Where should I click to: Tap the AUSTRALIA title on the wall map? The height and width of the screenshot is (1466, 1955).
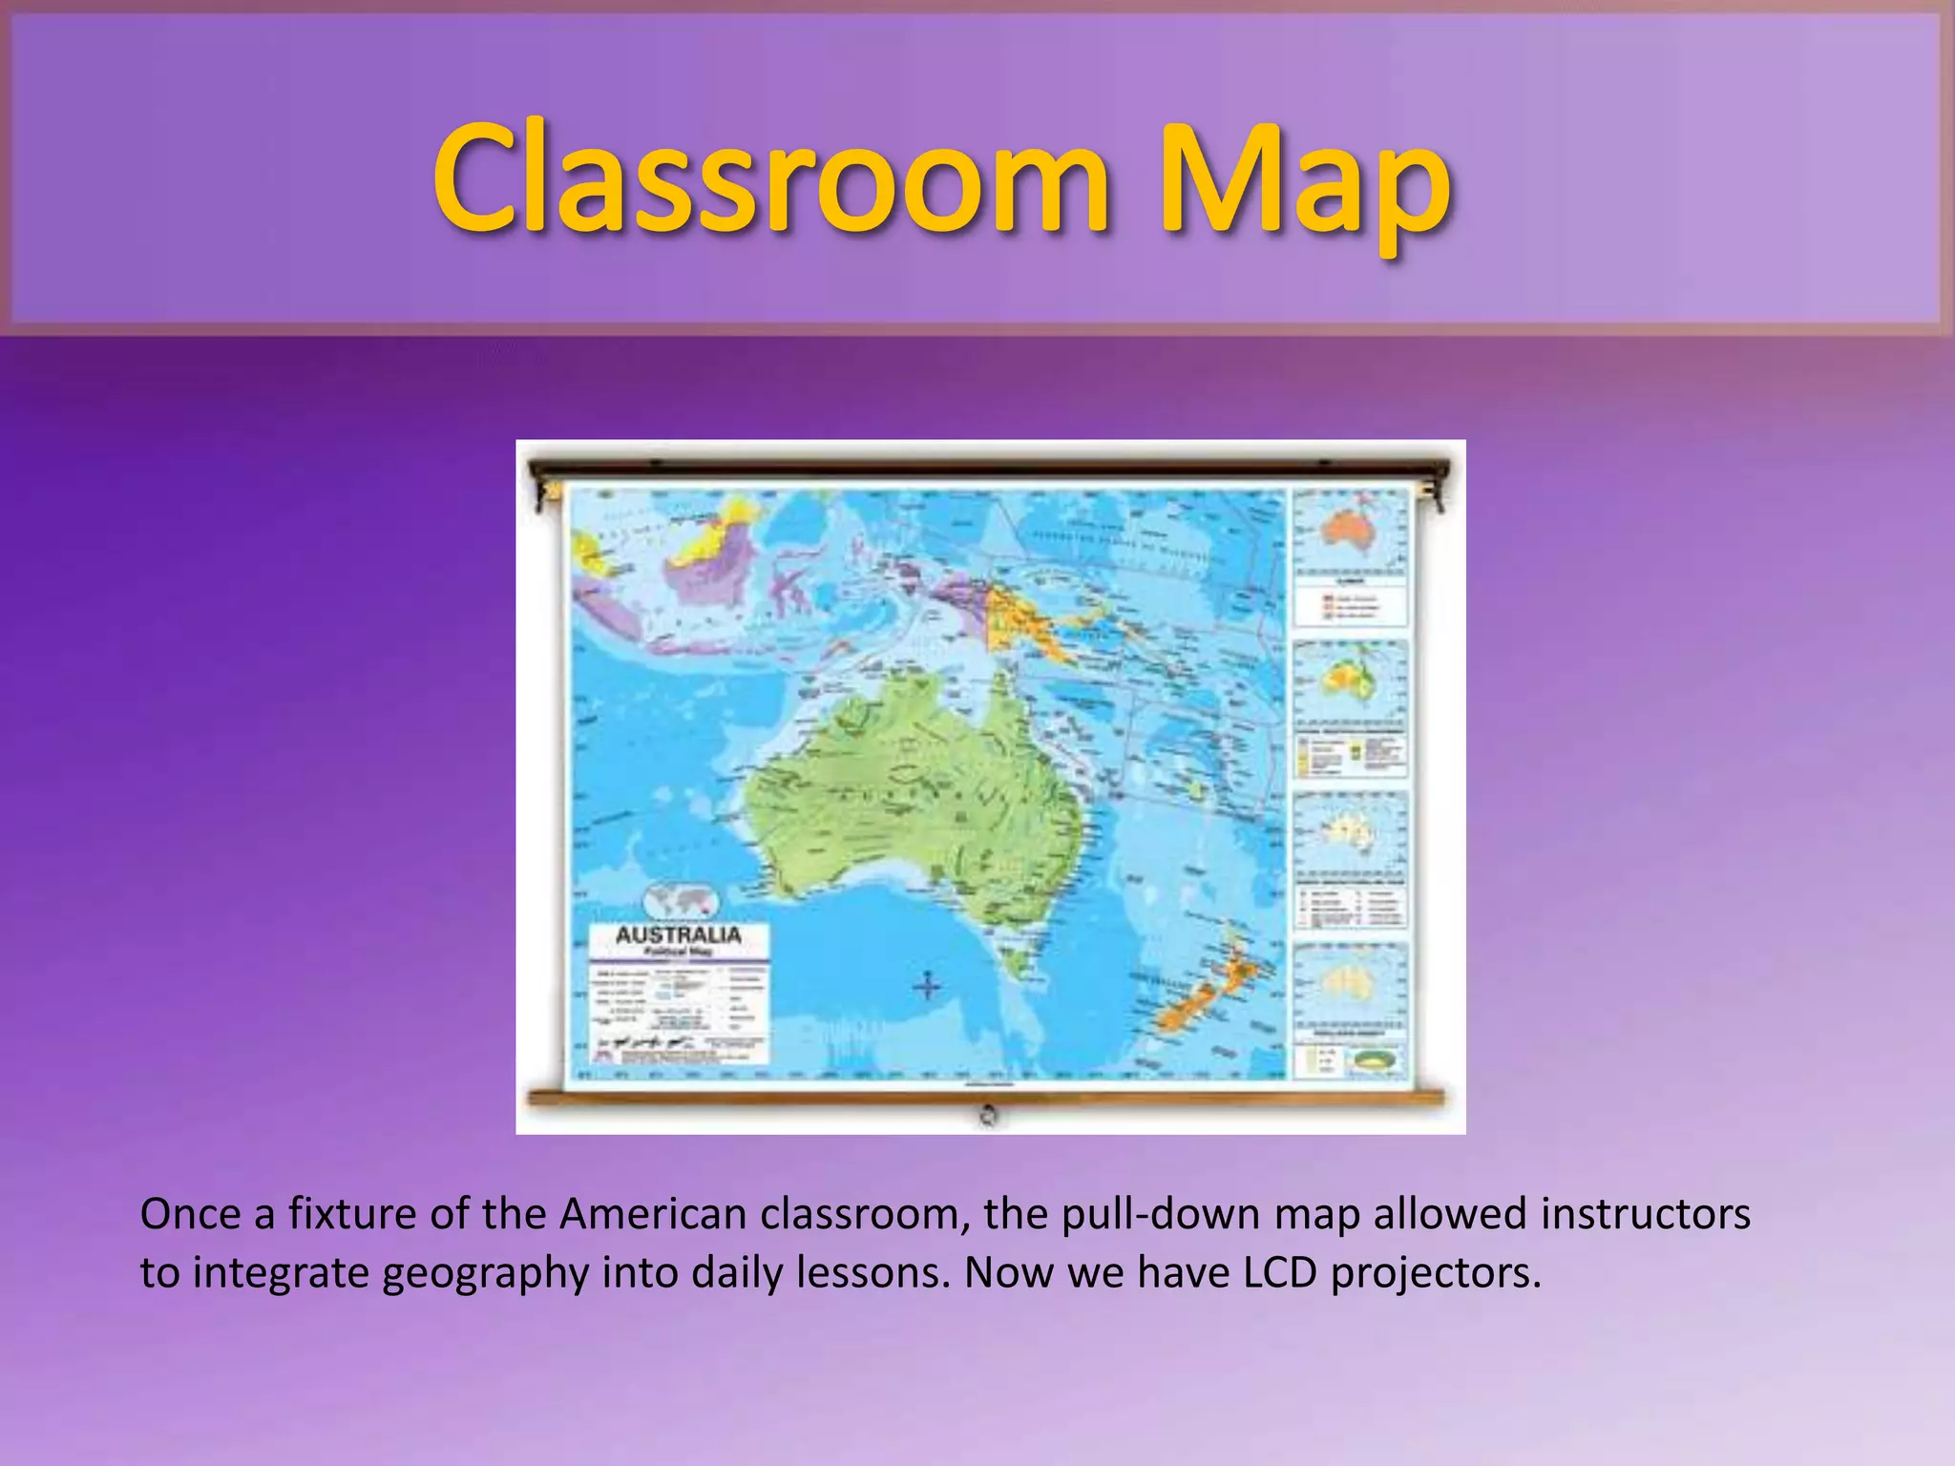coord(678,934)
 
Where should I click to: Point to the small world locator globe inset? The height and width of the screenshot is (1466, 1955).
coord(681,899)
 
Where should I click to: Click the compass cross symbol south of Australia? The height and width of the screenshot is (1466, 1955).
coord(927,986)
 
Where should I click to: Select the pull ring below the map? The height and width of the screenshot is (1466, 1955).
coord(989,1113)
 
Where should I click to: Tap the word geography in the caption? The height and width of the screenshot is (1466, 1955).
coord(485,1274)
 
